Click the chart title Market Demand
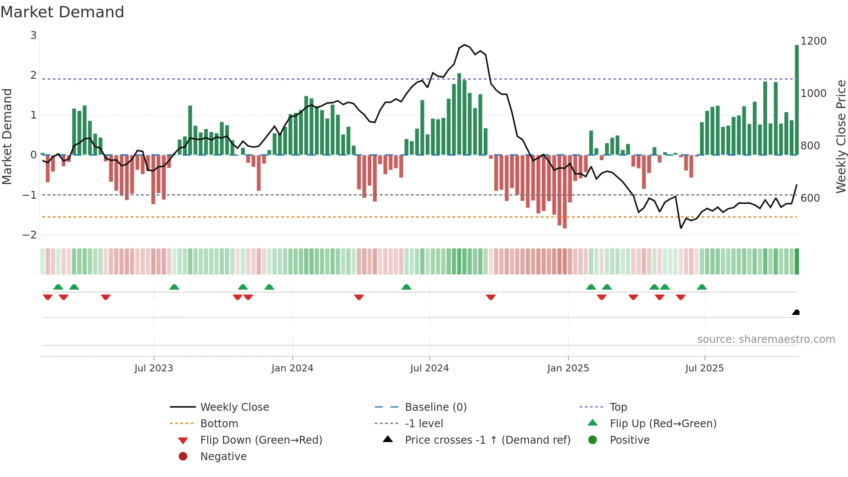(x=62, y=12)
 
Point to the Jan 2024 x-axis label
(x=292, y=368)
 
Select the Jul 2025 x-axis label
(x=704, y=368)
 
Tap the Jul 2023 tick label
(x=154, y=368)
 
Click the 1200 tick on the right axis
(x=813, y=41)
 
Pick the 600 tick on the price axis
(x=810, y=198)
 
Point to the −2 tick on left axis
(x=30, y=235)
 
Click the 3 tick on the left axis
(x=33, y=35)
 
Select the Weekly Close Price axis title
(x=841, y=136)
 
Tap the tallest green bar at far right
(x=797, y=100)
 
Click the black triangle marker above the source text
(x=796, y=312)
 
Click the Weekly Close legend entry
(x=234, y=407)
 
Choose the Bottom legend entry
(x=219, y=424)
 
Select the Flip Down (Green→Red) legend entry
(x=261, y=440)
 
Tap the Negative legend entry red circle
(x=183, y=457)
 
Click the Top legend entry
(x=618, y=407)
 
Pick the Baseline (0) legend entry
(x=435, y=407)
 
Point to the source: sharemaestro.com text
(x=766, y=339)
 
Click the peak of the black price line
(x=464, y=45)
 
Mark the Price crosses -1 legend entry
(x=487, y=440)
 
